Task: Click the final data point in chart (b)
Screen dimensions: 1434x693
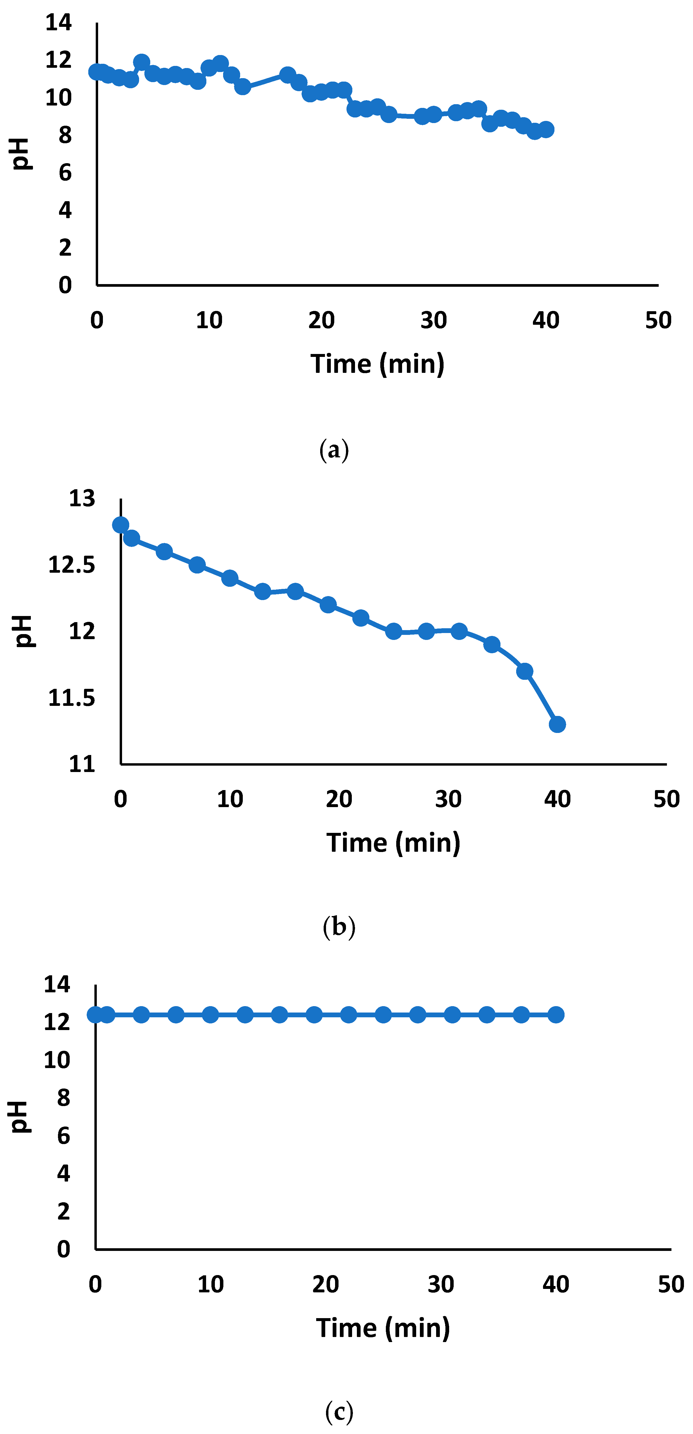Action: tap(557, 724)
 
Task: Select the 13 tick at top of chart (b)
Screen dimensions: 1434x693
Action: tap(82, 498)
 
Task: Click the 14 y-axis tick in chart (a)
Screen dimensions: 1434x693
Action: tap(59, 23)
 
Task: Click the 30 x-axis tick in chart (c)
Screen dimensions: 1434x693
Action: tap(441, 1284)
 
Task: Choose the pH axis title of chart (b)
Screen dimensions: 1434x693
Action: tap(23, 631)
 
